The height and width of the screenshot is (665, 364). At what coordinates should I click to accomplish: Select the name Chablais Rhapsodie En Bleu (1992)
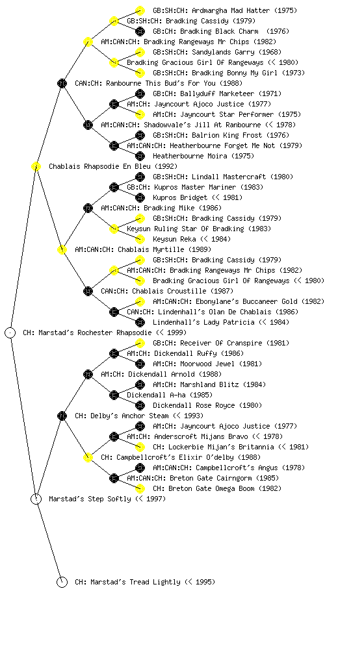click(x=113, y=166)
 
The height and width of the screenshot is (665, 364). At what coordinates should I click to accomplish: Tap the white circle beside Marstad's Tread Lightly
click(x=62, y=582)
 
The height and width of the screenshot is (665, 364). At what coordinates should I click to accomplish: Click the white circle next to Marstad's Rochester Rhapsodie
click(x=10, y=332)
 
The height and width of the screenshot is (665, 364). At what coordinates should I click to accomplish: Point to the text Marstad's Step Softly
click(x=90, y=499)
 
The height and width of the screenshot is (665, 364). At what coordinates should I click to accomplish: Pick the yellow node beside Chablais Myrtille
click(x=62, y=249)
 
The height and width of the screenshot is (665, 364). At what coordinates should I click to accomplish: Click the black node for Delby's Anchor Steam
click(x=62, y=416)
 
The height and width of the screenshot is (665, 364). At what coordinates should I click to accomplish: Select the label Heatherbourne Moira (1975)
click(x=203, y=156)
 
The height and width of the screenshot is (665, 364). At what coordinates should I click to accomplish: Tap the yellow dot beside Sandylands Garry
click(x=140, y=52)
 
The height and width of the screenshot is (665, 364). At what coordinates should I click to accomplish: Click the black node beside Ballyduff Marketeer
click(x=140, y=94)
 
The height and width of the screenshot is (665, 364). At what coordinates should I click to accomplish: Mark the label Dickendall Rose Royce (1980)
click(x=207, y=405)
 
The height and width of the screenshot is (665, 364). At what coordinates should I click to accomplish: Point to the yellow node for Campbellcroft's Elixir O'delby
click(x=88, y=457)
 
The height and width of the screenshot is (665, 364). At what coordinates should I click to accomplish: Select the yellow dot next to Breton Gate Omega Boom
click(x=140, y=488)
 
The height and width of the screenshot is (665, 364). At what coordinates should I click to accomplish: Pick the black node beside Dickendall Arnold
click(x=88, y=374)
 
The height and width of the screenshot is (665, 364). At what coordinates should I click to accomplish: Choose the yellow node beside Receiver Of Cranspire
click(x=140, y=343)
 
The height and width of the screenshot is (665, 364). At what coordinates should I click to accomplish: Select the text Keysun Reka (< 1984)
click(x=192, y=239)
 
